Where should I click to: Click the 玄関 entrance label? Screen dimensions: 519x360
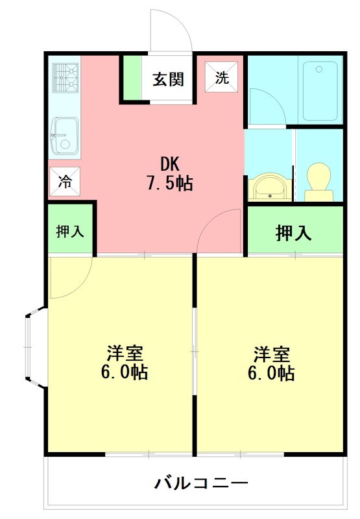pos(168,79)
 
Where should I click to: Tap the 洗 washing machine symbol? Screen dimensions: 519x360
pos(222,78)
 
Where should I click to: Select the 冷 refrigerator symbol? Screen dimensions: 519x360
pos(66,182)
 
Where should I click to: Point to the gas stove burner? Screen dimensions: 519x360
pos(66,77)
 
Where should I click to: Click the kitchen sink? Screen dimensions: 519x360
pos(64,135)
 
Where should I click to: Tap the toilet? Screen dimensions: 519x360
pos(318,180)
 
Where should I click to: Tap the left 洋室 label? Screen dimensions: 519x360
pos(125,354)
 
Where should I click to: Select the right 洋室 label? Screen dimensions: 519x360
pos(271,354)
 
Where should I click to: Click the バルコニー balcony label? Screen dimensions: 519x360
pos(201,483)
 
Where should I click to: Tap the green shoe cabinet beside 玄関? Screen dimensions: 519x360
pos(132,79)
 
